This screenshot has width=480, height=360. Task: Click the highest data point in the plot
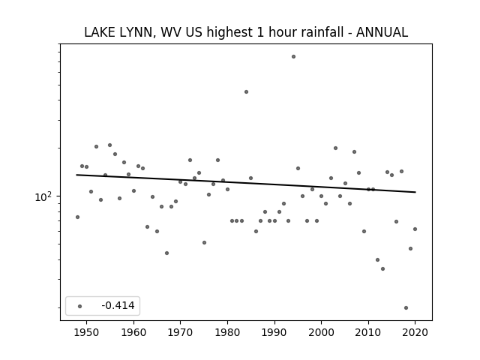click(293, 57)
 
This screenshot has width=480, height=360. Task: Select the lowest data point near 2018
click(406, 308)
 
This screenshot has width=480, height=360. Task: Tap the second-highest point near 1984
click(246, 91)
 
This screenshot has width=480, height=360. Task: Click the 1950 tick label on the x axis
click(87, 332)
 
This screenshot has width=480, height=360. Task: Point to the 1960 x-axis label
click(133, 332)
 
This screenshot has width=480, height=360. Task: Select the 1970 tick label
click(180, 332)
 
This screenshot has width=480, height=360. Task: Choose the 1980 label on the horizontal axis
click(227, 332)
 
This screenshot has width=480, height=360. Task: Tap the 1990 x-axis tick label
click(274, 332)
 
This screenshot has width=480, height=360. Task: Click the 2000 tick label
click(321, 332)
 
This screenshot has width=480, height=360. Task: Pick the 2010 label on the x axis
click(368, 332)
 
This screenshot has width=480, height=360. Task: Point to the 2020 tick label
click(415, 332)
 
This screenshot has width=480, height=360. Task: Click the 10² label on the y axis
click(43, 196)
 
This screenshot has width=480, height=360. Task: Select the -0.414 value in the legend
click(118, 305)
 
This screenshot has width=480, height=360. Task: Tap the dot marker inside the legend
click(80, 306)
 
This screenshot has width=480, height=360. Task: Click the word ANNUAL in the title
click(382, 32)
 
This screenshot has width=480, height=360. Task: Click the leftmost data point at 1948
click(77, 217)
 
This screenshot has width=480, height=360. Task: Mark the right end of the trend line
click(415, 192)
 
